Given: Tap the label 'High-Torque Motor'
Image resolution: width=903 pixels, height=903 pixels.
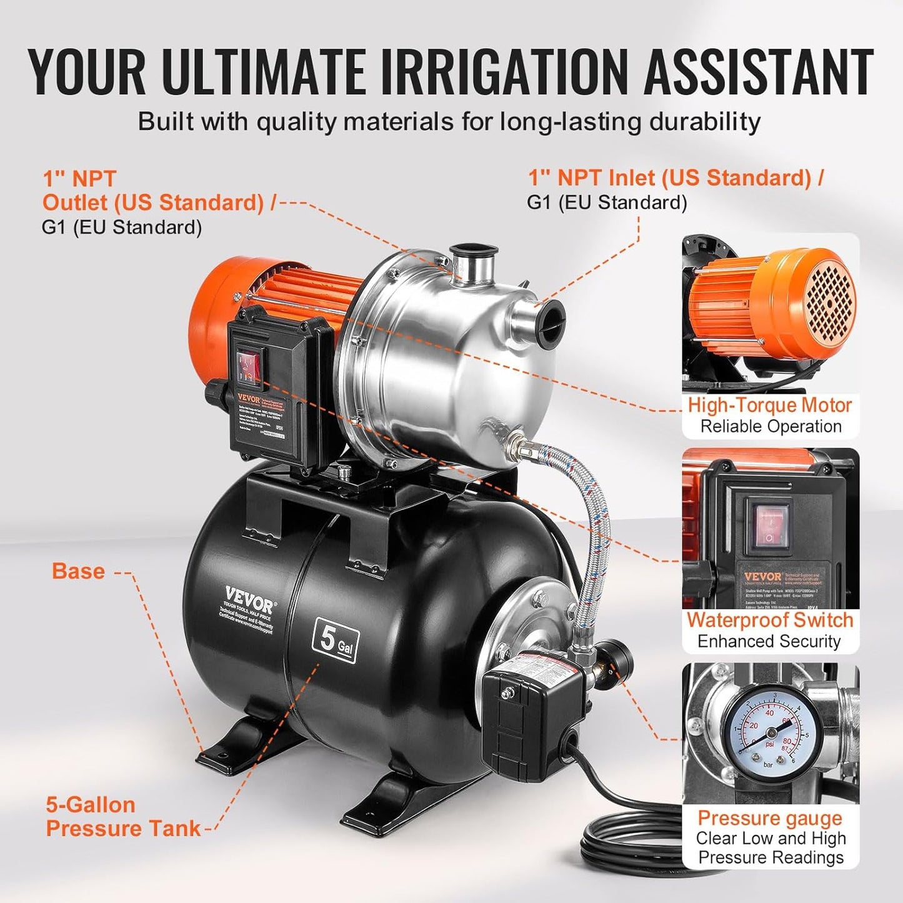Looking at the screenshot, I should pyautogui.click(x=769, y=405).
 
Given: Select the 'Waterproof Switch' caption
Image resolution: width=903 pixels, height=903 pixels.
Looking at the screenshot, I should pyautogui.click(x=769, y=620).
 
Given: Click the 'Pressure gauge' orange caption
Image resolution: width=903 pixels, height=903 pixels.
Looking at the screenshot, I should pyautogui.click(x=769, y=817).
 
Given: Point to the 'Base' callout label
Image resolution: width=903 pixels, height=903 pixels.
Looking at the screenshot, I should pyautogui.click(x=78, y=571).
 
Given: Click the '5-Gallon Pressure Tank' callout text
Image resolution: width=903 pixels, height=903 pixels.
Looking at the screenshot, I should pyautogui.click(x=122, y=816).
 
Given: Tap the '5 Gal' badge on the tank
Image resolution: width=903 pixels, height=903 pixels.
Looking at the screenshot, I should pyautogui.click(x=336, y=640).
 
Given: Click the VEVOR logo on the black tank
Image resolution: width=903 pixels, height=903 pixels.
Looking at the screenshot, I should pyautogui.click(x=249, y=599).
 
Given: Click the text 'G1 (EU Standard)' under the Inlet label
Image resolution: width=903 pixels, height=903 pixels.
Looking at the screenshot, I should pyautogui.click(x=607, y=202).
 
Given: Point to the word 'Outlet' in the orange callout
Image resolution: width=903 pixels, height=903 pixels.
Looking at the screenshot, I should pyautogui.click(x=74, y=202).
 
